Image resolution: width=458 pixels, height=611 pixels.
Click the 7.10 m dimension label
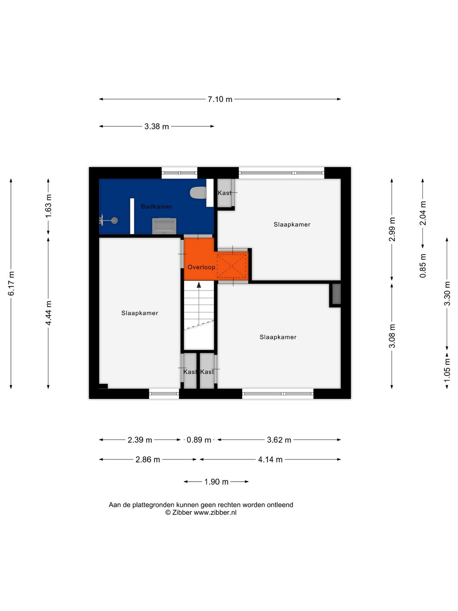pyautogui.click(x=220, y=99)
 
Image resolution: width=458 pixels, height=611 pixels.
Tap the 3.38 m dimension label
pyautogui.click(x=156, y=126)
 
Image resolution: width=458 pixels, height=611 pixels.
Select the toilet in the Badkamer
pyautogui.click(x=198, y=193)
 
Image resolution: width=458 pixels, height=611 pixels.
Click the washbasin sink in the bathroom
pyautogui.click(x=164, y=226)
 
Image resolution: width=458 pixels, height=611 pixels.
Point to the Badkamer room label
pyautogui.click(x=156, y=207)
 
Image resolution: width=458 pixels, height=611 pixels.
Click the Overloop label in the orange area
pyautogui.click(x=201, y=267)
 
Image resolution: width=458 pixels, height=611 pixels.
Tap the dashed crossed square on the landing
pyautogui.click(x=232, y=266)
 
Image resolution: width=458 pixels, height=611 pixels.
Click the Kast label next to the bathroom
pyautogui.click(x=224, y=193)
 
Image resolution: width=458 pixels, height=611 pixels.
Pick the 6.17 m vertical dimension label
pyautogui.click(x=11, y=283)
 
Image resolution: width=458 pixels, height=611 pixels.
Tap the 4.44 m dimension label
pyautogui.click(x=48, y=313)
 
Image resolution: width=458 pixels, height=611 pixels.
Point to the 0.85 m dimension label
pyautogui.click(x=423, y=266)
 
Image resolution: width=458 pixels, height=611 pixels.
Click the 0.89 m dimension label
pyautogui.click(x=198, y=440)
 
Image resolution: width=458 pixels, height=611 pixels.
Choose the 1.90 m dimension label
pyautogui.click(x=216, y=482)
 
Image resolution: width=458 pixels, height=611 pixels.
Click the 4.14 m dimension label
pyautogui.click(x=270, y=460)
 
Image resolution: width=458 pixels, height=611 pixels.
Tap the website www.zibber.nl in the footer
pyautogui.click(x=215, y=513)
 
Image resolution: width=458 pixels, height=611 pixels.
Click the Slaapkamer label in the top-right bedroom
pyautogui.click(x=292, y=224)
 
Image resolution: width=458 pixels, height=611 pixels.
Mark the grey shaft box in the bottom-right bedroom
pyautogui.click(x=336, y=294)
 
